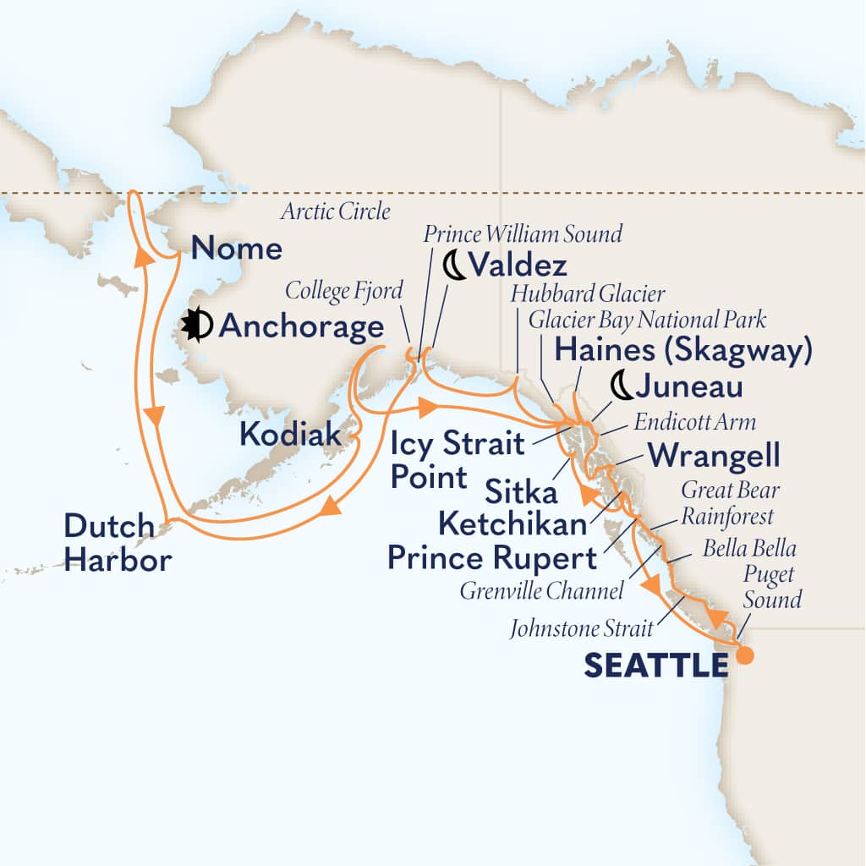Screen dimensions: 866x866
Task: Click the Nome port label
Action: click(x=236, y=249)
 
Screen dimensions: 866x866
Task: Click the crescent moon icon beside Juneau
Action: click(x=622, y=387)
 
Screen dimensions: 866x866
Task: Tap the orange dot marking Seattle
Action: click(x=744, y=655)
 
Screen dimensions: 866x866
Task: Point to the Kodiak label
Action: click(x=290, y=436)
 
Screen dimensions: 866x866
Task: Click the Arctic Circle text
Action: click(x=332, y=211)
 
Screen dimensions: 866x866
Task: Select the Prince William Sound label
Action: click(x=523, y=233)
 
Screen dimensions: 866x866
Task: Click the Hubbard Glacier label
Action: click(x=588, y=293)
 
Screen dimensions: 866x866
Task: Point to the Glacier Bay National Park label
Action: click(x=647, y=320)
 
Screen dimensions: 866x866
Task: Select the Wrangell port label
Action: click(x=712, y=457)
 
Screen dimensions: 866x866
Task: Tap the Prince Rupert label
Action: click(x=491, y=558)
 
